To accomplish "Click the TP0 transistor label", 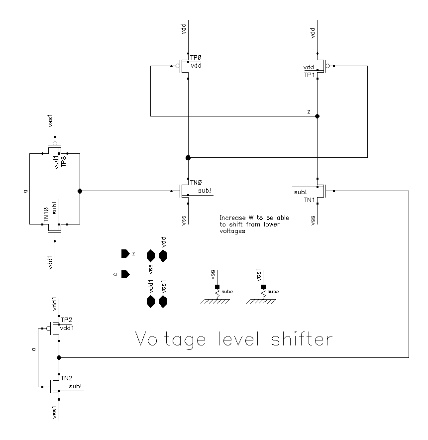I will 195,59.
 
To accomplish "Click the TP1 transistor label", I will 309,74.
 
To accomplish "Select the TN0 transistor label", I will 196,183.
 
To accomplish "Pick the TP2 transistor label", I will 66,321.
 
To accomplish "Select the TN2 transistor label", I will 66,379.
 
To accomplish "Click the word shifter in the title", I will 298,339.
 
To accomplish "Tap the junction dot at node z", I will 318,116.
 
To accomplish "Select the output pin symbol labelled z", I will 124,254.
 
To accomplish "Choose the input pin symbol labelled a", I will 125,274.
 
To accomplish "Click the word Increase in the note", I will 231,218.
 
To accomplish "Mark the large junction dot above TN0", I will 188,157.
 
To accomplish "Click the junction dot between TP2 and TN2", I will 59,357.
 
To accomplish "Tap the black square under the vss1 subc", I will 262,287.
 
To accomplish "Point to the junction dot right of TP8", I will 80,191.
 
